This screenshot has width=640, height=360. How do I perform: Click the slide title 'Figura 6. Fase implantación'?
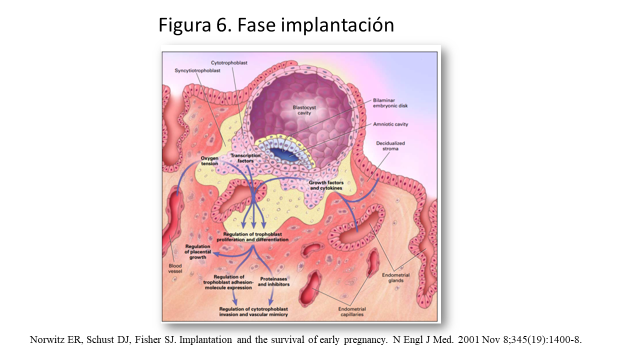(276, 25)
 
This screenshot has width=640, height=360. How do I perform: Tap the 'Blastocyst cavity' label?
(301, 110)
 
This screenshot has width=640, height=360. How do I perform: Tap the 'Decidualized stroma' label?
(390, 145)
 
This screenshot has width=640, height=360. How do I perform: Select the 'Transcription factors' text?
(245, 158)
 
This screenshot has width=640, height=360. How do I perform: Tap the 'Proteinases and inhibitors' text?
(273, 281)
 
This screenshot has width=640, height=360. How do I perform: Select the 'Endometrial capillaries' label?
(349, 312)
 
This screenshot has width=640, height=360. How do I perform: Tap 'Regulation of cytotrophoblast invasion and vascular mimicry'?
(253, 312)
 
